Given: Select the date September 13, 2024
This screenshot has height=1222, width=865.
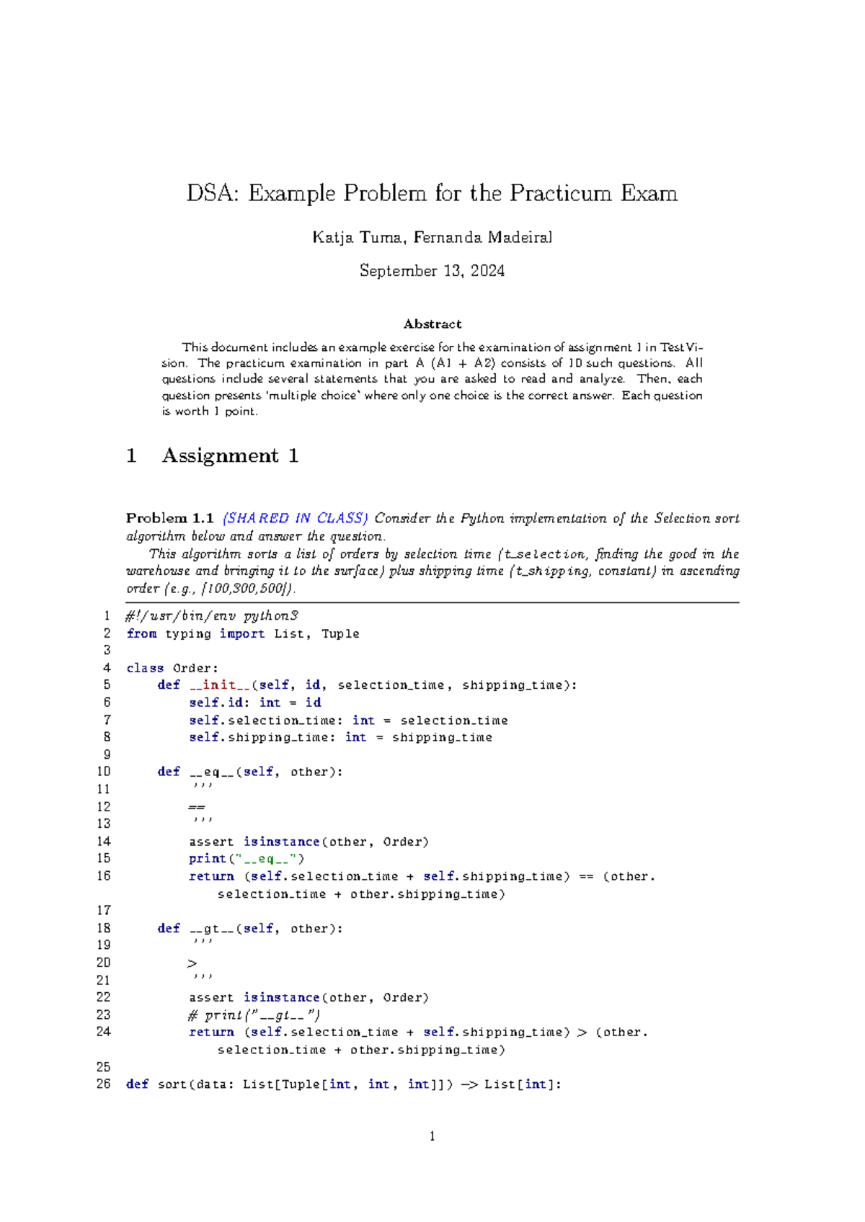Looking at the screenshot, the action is (x=432, y=271).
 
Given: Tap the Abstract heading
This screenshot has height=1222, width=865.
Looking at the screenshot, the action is (x=432, y=324).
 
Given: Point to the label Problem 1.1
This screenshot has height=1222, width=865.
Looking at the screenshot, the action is (x=169, y=518).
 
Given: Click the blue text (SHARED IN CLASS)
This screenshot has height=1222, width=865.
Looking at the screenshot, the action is (x=295, y=518).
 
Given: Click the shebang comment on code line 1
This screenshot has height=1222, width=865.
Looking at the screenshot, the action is (x=212, y=616).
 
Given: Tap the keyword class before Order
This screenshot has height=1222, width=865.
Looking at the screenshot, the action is (x=145, y=669).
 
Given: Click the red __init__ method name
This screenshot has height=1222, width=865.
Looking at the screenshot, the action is (x=219, y=685).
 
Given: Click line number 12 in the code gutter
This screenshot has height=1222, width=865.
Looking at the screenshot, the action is (x=104, y=807).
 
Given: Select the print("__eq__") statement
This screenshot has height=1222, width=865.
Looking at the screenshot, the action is (x=247, y=859).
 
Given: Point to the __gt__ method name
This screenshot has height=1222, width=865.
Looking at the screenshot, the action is (x=212, y=929).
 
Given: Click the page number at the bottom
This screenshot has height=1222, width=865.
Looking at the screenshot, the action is (x=432, y=1137).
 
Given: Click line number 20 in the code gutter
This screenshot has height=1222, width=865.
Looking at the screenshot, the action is (x=104, y=963).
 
